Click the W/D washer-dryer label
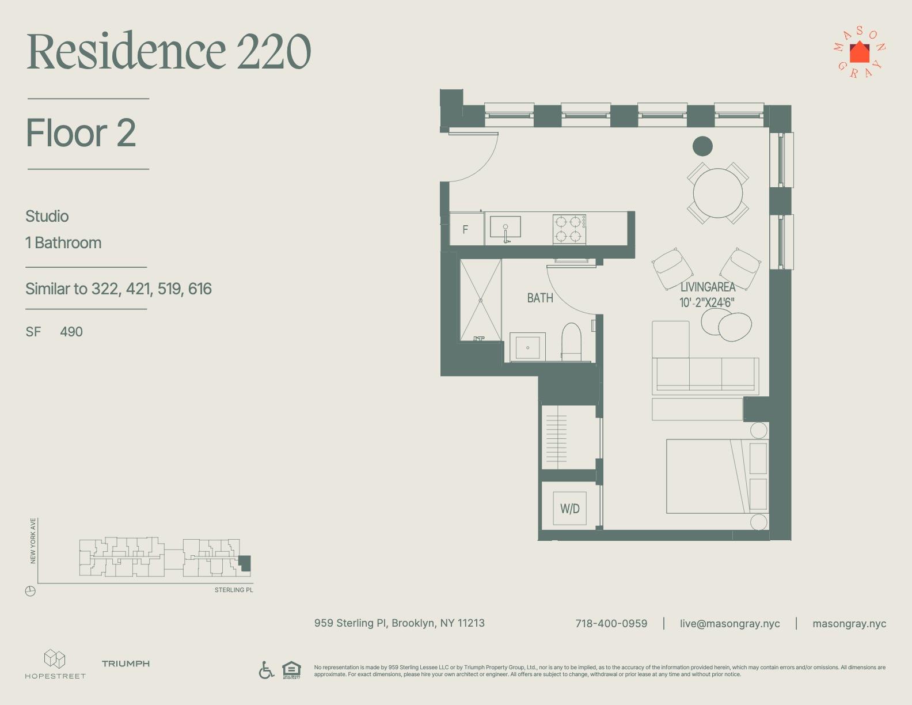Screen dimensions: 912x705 (569, 509)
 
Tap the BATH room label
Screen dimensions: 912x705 (539, 298)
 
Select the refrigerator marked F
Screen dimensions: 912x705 (466, 229)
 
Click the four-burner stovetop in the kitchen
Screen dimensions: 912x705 (569, 229)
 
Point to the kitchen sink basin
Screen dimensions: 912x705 (506, 227)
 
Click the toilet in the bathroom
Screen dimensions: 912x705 (571, 342)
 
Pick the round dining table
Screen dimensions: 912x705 (717, 193)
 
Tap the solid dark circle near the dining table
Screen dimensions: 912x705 (702, 146)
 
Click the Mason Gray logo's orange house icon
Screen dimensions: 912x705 (859, 52)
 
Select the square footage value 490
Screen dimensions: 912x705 (71, 332)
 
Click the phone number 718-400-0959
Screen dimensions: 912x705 (611, 624)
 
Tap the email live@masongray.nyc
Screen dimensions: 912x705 (730, 624)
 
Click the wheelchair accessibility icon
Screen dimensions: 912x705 (266, 670)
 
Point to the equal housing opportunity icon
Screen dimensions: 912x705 (291, 670)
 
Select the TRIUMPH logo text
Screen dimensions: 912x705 (126, 664)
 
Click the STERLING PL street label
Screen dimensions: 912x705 (234, 590)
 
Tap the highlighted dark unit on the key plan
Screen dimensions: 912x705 (245, 563)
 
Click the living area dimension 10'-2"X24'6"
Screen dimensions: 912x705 (707, 302)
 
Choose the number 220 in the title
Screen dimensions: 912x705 (273, 51)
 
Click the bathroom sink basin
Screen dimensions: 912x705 (527, 347)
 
